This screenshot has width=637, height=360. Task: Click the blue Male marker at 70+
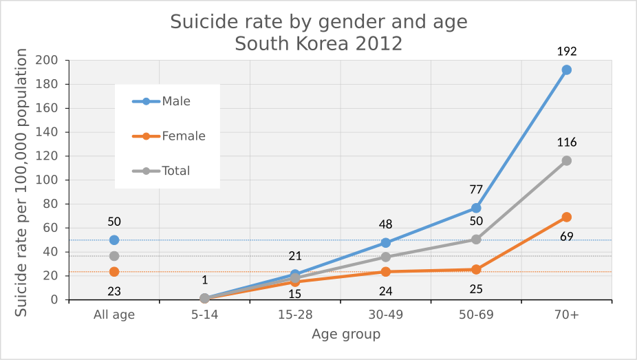(566, 70)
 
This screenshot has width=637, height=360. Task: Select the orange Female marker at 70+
(566, 217)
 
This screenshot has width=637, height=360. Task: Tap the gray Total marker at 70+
(566, 160)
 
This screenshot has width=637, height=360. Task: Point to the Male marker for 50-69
(476, 208)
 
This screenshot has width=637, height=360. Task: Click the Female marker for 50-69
(476, 269)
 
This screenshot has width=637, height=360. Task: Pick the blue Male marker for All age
(114, 240)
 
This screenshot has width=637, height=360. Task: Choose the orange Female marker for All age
(114, 272)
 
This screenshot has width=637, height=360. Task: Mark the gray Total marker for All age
(114, 256)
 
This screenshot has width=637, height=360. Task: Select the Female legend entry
(169, 136)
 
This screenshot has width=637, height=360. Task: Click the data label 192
(567, 52)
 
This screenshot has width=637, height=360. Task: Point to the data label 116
(567, 142)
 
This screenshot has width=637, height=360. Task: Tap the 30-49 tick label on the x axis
(385, 315)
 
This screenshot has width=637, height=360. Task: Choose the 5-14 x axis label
(204, 315)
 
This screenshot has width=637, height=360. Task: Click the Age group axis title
(345, 335)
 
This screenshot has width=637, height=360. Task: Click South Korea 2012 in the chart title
(318, 44)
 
